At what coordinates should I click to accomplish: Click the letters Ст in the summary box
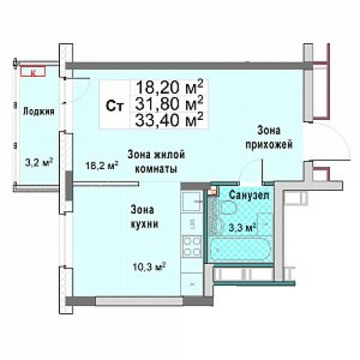click(112, 105)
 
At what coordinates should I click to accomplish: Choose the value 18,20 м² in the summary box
click(170, 86)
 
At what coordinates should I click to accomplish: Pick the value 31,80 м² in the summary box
click(170, 102)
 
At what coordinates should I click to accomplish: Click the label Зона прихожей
click(268, 138)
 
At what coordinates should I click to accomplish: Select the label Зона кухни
click(144, 217)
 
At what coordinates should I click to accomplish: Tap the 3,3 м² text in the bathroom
click(242, 226)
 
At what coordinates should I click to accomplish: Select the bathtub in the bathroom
click(239, 250)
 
